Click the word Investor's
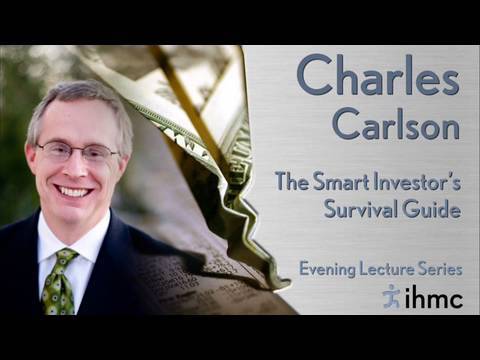tap(417, 183)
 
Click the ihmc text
tap(434, 298)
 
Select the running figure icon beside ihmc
tap(391, 296)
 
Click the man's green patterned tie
tap(59, 282)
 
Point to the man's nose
tap(76, 167)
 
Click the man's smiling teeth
tap(74, 192)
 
